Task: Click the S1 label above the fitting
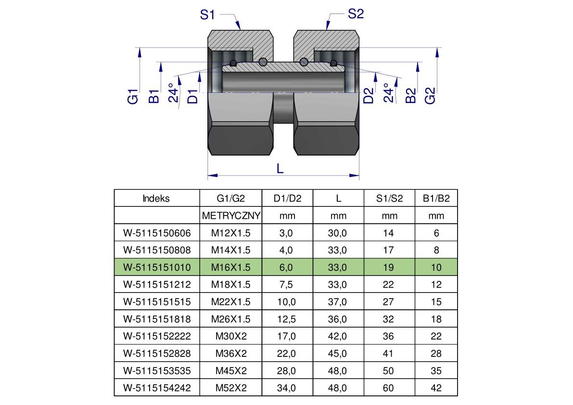(x=207, y=15)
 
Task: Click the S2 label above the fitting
(x=356, y=14)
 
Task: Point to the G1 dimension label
(x=133, y=96)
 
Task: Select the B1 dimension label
(x=153, y=96)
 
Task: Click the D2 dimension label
(x=369, y=96)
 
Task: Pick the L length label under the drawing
(x=280, y=168)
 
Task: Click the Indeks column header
(x=156, y=199)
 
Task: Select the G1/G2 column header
(x=231, y=199)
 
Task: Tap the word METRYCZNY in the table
(x=231, y=216)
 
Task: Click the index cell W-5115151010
(x=157, y=267)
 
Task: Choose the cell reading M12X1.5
(x=231, y=233)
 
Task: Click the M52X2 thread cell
(x=231, y=388)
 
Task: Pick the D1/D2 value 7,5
(x=287, y=285)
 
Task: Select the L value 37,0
(x=337, y=302)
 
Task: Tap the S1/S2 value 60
(x=388, y=388)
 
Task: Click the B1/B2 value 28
(x=436, y=354)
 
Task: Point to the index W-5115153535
(x=157, y=371)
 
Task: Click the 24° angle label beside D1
(x=173, y=93)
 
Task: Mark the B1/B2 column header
(x=436, y=199)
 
